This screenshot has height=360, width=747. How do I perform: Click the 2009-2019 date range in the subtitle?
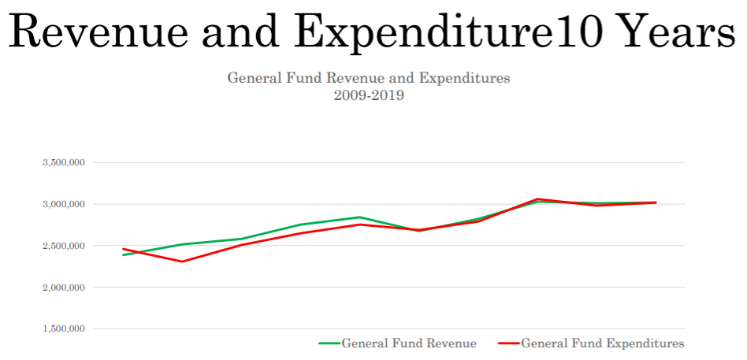click(369, 96)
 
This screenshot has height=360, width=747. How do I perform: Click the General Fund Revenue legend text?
click(408, 343)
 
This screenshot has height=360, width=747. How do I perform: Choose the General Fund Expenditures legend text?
click(603, 343)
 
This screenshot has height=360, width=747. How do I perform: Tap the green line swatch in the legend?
click(329, 343)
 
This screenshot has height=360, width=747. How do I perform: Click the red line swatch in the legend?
click(509, 343)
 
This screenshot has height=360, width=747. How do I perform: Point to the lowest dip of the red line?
click(182, 262)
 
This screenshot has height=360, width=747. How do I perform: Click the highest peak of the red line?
click(537, 199)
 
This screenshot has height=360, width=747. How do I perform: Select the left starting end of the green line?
click(123, 255)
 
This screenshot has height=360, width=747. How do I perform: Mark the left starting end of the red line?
click(123, 249)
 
